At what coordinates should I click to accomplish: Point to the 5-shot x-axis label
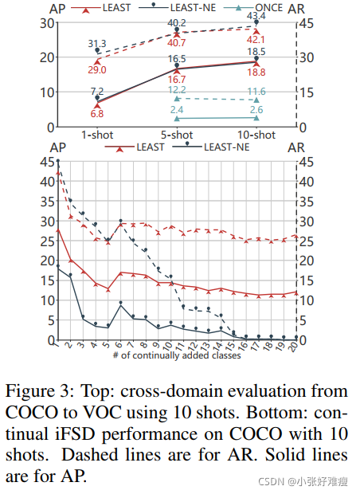coord(177,135)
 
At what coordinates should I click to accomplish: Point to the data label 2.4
coord(177,109)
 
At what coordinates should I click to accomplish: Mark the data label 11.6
coord(256,92)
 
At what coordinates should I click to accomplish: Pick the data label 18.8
coord(256,72)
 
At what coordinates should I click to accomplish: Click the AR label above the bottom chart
coord(296,147)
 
